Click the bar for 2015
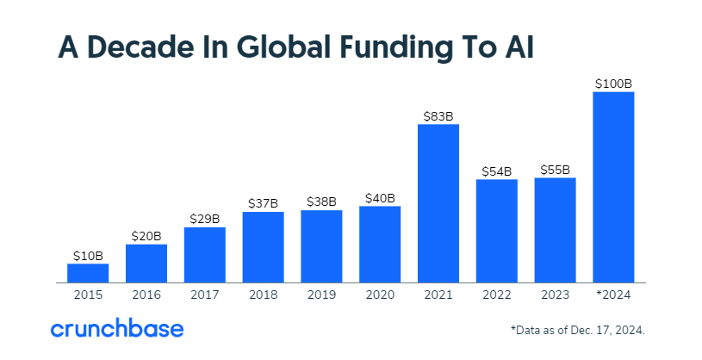point(88,273)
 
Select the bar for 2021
point(438,203)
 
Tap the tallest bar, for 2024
point(613,187)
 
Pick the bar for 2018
point(263,247)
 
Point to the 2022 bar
point(497,231)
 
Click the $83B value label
point(438,115)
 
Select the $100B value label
point(613,84)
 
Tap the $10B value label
point(88,255)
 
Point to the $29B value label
point(205,219)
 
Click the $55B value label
point(555,169)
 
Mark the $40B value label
point(380,197)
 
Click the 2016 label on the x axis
point(146,295)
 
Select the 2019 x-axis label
point(321,295)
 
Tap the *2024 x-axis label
point(613,295)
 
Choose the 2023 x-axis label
point(555,295)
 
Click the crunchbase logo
point(116,329)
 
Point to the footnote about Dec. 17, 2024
point(577,330)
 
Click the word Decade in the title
point(142,48)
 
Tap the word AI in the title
point(515,48)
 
